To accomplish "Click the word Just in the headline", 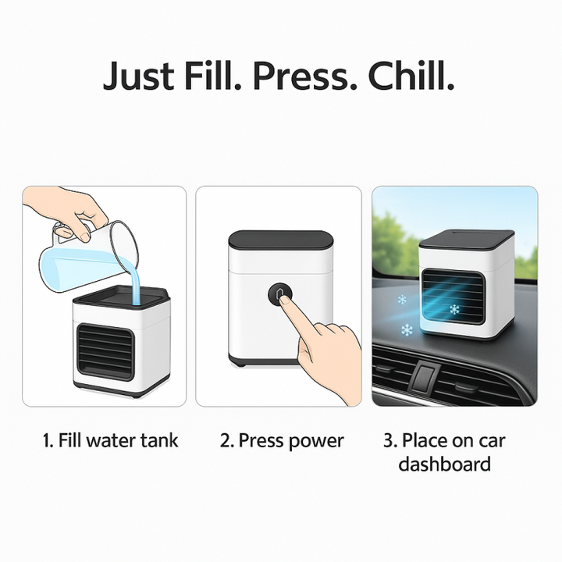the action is pyautogui.click(x=138, y=76).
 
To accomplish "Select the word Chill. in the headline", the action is pyautogui.click(x=411, y=75).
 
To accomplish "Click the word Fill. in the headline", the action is pyautogui.click(x=213, y=75).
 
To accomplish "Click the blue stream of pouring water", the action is pyautogui.click(x=136, y=283).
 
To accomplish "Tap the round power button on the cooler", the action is pyautogui.click(x=279, y=294).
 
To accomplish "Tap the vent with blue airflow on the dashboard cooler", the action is pyautogui.click(x=453, y=296).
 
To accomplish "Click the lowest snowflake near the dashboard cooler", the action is pyautogui.click(x=407, y=329).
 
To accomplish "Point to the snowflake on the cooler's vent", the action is pyautogui.click(x=455, y=309).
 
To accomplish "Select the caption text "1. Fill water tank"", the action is pyautogui.click(x=110, y=440).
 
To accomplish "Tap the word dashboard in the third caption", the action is pyautogui.click(x=444, y=464).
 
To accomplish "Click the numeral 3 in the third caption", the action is pyautogui.click(x=388, y=440).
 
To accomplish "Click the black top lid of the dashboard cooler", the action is pyautogui.click(x=467, y=238).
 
